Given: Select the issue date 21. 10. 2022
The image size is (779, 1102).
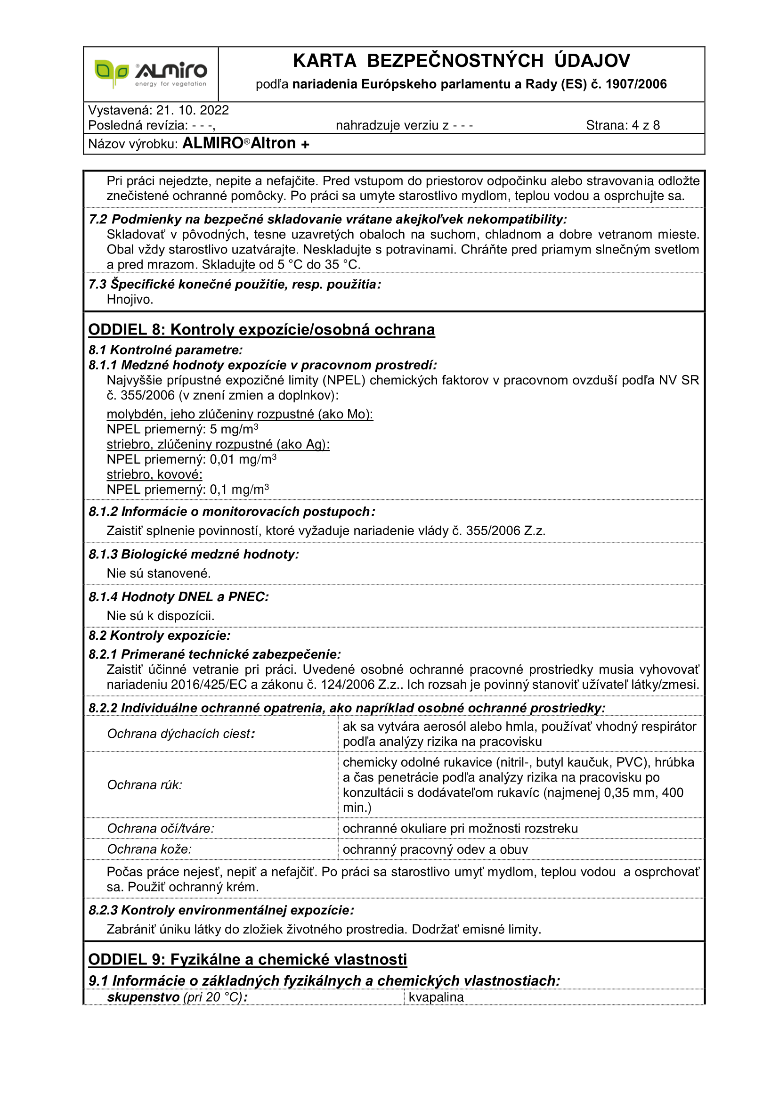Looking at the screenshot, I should (x=192, y=110).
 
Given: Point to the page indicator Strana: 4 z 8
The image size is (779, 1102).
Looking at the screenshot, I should (x=623, y=126).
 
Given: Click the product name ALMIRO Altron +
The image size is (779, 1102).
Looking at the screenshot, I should (x=245, y=144).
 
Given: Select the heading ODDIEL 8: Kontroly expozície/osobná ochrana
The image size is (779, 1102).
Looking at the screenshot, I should (x=261, y=330).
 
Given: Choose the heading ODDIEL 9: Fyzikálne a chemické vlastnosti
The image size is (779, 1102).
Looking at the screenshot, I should (x=248, y=959).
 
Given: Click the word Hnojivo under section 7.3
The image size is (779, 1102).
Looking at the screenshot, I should (x=130, y=300).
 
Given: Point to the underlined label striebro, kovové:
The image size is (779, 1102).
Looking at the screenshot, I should (x=154, y=475).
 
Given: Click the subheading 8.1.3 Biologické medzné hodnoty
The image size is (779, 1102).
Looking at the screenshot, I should (x=193, y=555).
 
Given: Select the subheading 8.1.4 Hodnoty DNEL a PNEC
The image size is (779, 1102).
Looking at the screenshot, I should (x=179, y=597).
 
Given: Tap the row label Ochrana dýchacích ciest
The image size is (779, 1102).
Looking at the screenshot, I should (x=181, y=734).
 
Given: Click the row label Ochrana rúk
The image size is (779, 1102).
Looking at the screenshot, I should (x=145, y=785).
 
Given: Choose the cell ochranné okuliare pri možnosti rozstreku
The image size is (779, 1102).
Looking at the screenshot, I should (x=460, y=828).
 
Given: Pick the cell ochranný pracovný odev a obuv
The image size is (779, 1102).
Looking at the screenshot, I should (x=435, y=849).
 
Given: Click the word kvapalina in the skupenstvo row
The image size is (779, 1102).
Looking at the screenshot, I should (x=436, y=997).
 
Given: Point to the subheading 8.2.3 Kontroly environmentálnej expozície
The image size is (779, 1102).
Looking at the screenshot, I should (x=221, y=911).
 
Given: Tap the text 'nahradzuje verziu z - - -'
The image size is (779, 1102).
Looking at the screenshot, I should (x=405, y=126).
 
